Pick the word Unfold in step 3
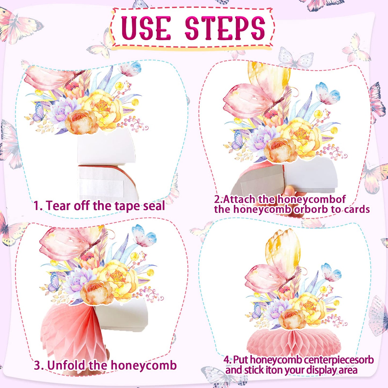pos(67,365)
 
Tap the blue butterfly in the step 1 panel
pos(130,69)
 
